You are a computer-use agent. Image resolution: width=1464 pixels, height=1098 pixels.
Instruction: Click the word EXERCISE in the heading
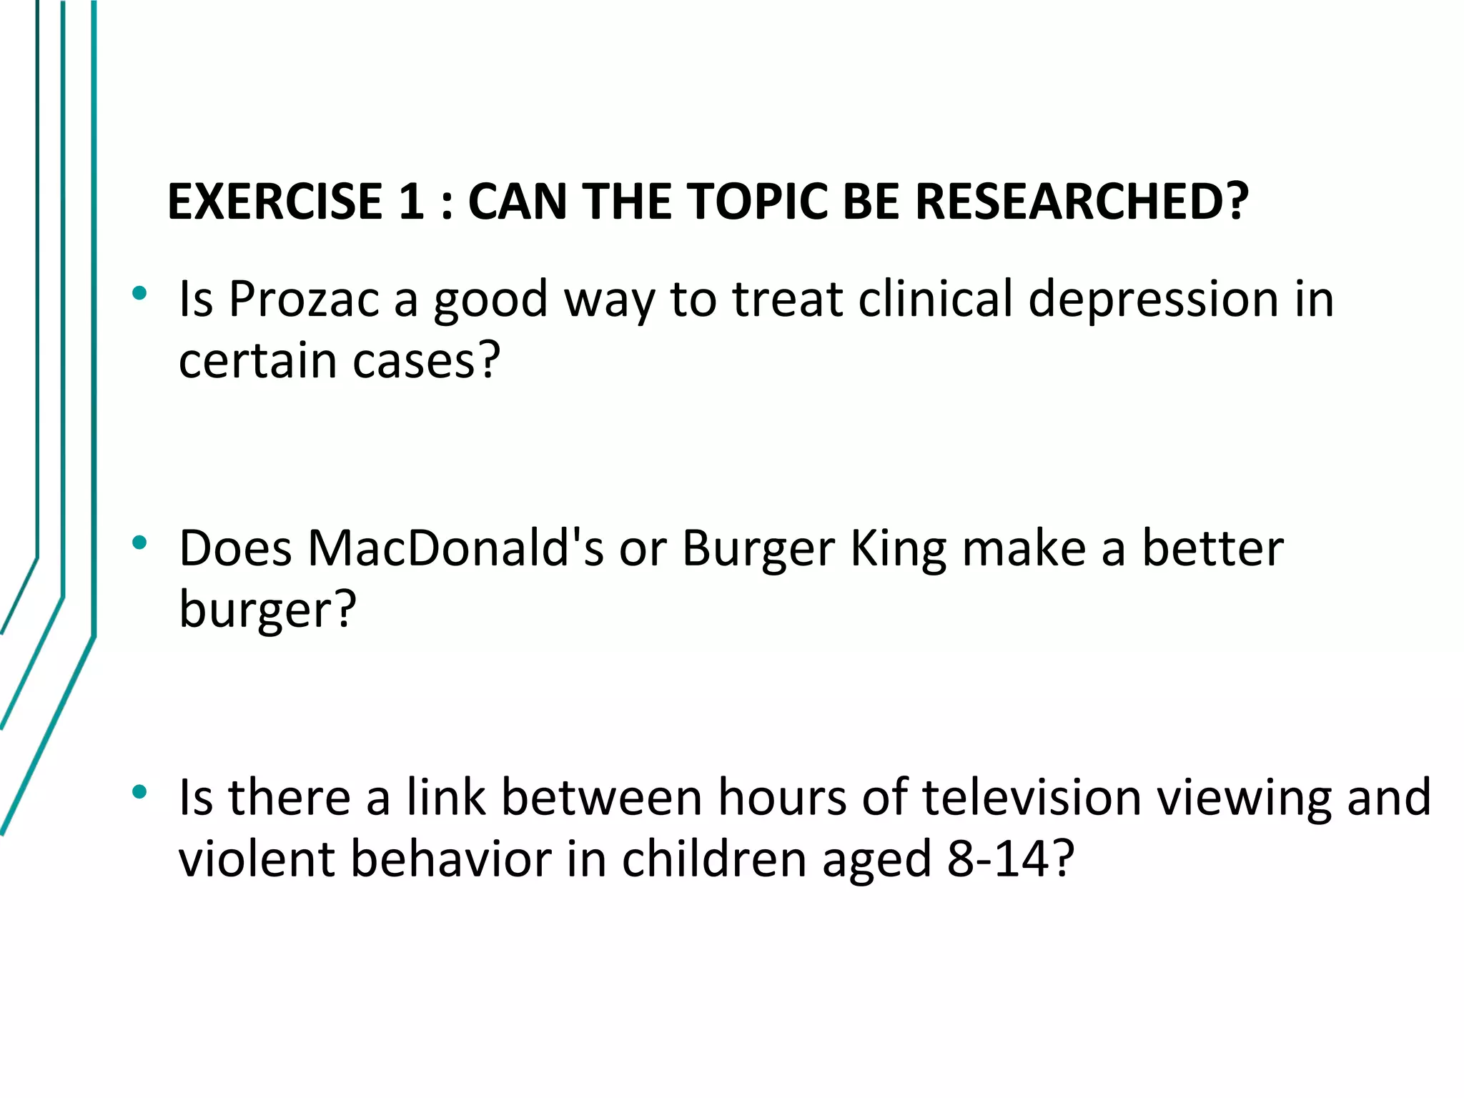pyautogui.click(x=275, y=202)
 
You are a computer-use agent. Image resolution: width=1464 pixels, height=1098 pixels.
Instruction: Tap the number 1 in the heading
pyautogui.click(x=411, y=202)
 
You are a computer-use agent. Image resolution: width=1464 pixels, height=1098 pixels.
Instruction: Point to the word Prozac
pyautogui.click(x=304, y=299)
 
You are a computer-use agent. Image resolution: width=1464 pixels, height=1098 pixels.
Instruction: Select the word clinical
pyautogui.click(x=936, y=299)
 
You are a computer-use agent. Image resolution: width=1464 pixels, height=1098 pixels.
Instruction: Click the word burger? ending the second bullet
pyautogui.click(x=267, y=610)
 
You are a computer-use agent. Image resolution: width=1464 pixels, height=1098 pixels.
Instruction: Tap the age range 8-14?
pyautogui.click(x=1011, y=859)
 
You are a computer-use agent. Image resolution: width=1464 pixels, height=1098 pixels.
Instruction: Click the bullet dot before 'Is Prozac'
pyautogui.click(x=139, y=293)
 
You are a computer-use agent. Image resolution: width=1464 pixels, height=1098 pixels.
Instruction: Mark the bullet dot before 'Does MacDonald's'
pyautogui.click(x=139, y=543)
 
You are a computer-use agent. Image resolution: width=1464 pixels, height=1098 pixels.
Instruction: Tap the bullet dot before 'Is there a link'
pyautogui.click(x=139, y=791)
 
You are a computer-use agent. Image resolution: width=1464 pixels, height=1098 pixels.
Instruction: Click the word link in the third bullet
pyautogui.click(x=446, y=797)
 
